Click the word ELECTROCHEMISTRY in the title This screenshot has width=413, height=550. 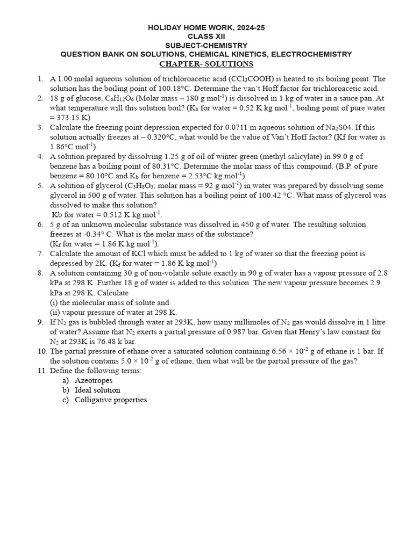311,54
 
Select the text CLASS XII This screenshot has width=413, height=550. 206,36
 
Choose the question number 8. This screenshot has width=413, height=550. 40,273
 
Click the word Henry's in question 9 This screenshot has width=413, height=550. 276,331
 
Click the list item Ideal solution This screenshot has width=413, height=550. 97,390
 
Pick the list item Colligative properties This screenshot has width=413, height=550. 111,400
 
